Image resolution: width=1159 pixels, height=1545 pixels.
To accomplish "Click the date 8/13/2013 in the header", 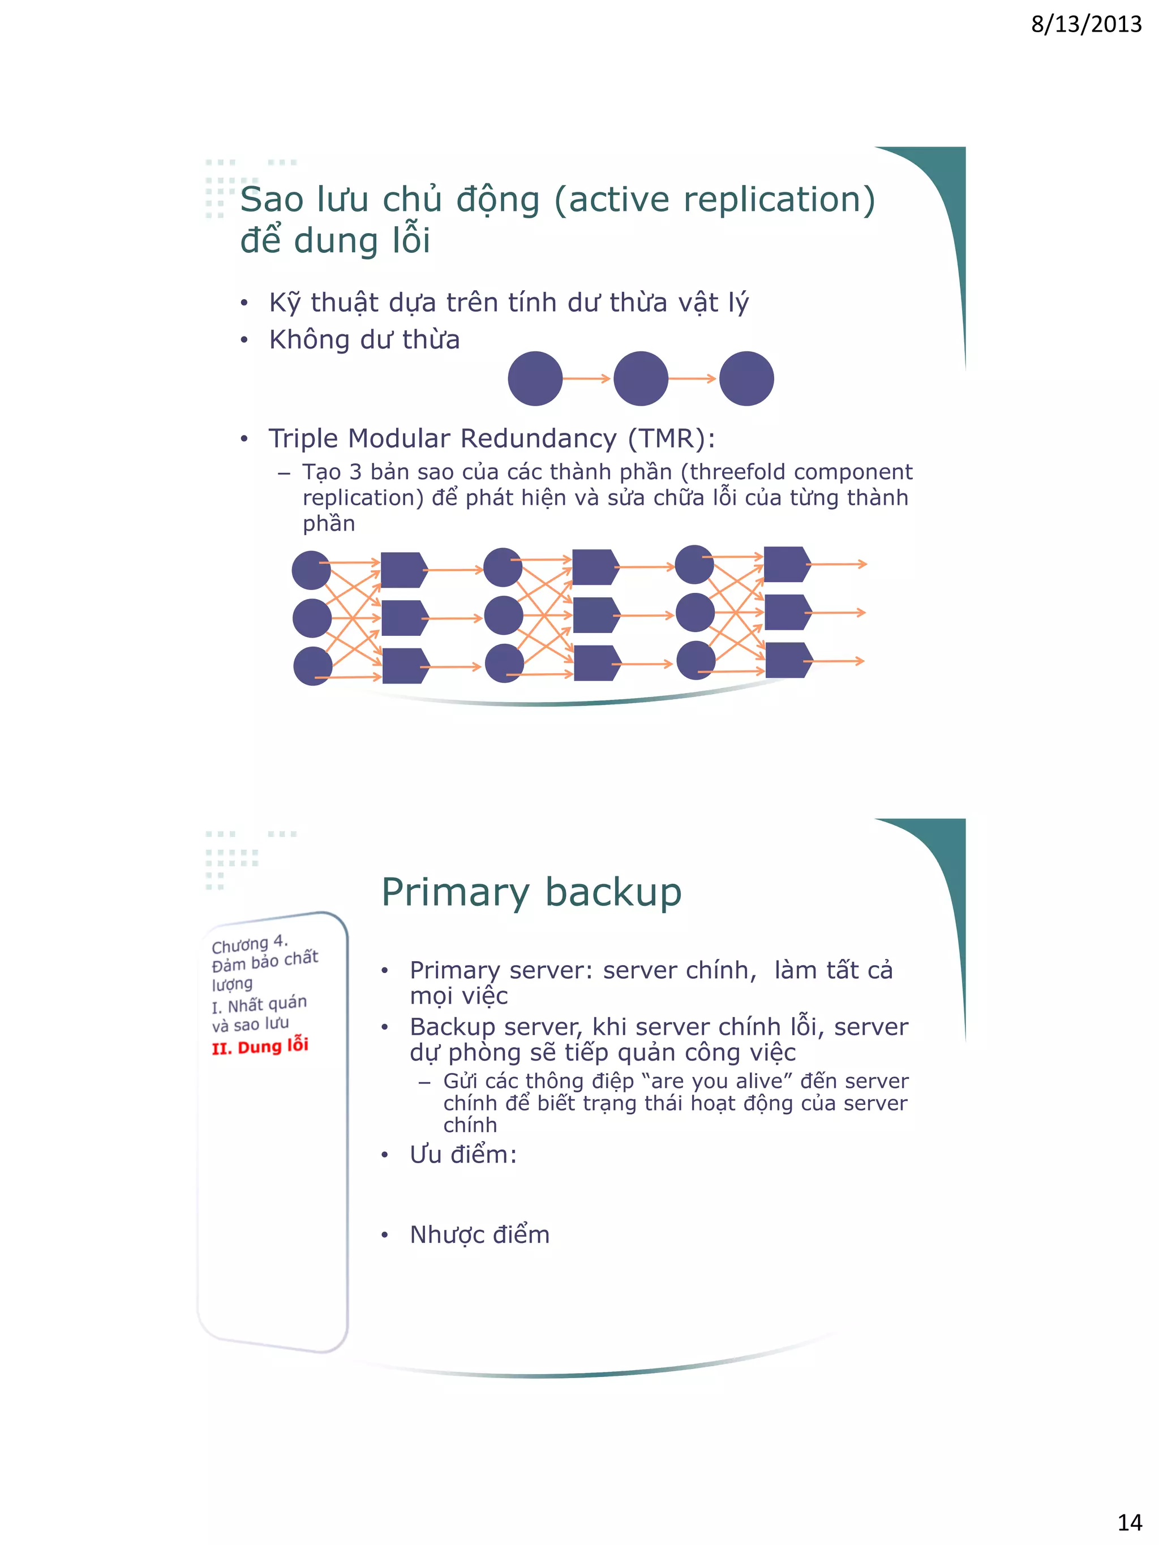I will [1085, 24].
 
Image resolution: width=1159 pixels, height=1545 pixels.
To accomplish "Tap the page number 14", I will [1130, 1522].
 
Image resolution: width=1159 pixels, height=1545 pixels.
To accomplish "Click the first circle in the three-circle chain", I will [535, 378].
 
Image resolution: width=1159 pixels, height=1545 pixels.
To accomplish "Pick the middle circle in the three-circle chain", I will [641, 378].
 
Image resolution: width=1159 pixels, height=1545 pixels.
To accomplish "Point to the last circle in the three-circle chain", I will [746, 378].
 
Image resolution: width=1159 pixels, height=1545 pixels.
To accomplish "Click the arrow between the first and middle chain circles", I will [587, 378].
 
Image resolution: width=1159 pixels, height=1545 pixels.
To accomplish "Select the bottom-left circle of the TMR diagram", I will [312, 666].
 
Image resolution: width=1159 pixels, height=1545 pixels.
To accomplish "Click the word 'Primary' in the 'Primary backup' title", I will [456, 893].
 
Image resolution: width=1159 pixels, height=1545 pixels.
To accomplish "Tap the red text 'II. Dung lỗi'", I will [260, 1046].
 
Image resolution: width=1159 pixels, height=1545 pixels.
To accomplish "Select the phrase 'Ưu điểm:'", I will [463, 1155].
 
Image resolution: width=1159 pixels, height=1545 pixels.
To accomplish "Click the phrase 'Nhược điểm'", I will [479, 1235].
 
